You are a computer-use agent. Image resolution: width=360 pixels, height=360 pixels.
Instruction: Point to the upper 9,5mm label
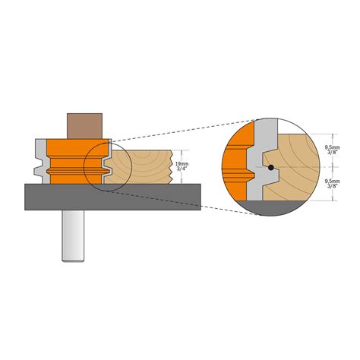pyautogui.click(x=331, y=146)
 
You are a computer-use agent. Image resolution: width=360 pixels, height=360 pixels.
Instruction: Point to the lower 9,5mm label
pyautogui.click(x=331, y=182)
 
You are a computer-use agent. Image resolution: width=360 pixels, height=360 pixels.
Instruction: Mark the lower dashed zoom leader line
pyautogui.click(x=175, y=201)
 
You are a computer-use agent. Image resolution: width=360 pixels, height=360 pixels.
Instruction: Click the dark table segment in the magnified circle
pyautogui.click(x=273, y=208)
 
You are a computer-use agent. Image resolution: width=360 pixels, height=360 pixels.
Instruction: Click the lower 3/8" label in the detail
pyautogui.click(x=331, y=189)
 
